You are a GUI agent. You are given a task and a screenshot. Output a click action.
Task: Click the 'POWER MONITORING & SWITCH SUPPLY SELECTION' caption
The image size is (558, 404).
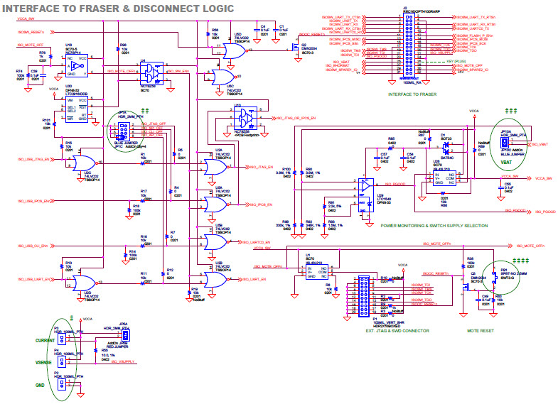point(434,225)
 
